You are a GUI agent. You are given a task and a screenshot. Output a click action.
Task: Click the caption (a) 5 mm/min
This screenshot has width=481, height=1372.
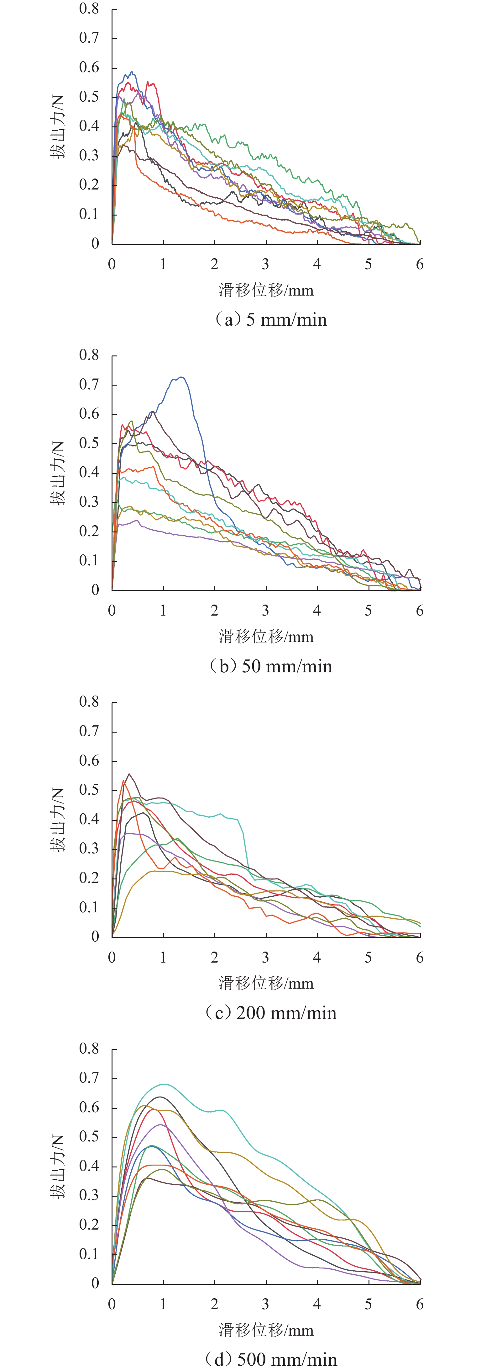tap(270, 320)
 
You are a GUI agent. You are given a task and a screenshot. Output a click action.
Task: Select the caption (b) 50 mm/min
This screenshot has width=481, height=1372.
tap(270, 666)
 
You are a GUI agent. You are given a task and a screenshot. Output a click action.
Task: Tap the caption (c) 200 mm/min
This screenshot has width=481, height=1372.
tap(270, 1012)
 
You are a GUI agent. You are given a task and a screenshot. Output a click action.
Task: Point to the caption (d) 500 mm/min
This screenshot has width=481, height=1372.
tap(270, 1359)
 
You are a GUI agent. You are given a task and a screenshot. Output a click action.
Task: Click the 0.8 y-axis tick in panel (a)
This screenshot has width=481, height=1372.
tap(89, 9)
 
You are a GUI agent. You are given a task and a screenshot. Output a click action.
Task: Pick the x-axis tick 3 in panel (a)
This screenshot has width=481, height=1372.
tap(265, 264)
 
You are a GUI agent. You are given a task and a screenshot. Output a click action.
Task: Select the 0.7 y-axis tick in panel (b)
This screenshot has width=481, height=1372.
tap(89, 385)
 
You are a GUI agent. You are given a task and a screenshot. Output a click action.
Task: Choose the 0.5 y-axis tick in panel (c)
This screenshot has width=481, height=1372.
tap(89, 790)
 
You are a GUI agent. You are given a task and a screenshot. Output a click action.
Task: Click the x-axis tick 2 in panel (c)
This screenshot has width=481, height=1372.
tap(214, 958)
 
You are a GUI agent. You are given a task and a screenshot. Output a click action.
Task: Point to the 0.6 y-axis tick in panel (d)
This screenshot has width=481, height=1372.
tap(89, 1107)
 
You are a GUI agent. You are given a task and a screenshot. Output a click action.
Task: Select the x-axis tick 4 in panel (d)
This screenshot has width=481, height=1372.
tap(317, 1304)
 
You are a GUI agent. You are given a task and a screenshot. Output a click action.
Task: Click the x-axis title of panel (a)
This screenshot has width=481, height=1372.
tap(266, 290)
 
